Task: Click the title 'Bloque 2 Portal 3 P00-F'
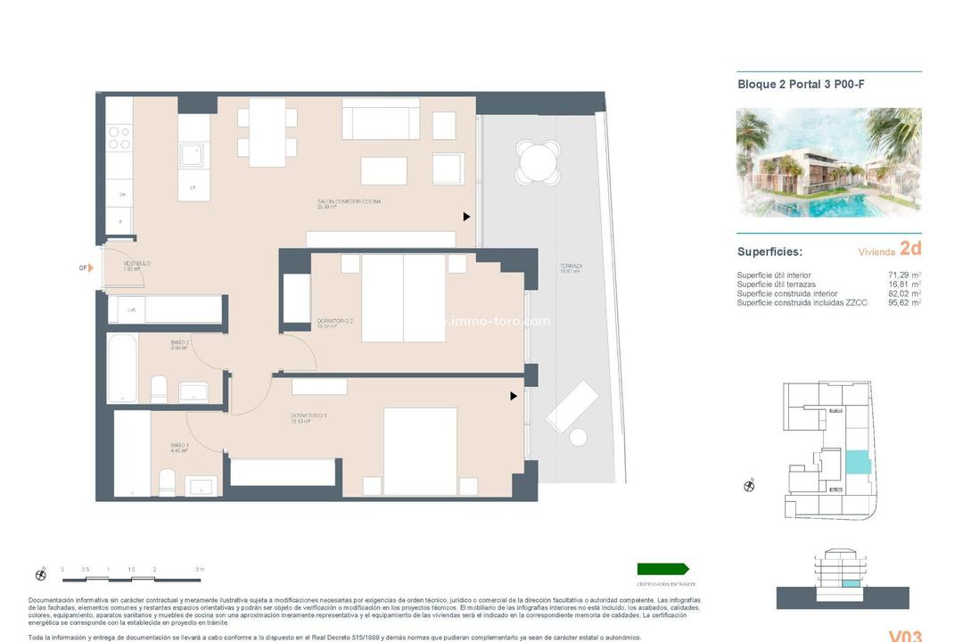(801, 85)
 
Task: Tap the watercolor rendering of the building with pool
(828, 162)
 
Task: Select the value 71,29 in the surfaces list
(899, 276)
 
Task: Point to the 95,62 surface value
(899, 303)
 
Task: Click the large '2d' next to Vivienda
(909, 249)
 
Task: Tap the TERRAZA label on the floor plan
(571, 267)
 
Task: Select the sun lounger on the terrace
(573, 405)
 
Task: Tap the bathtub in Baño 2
(122, 367)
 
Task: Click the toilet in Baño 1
(167, 482)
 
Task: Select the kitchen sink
(192, 155)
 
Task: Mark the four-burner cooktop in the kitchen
(119, 139)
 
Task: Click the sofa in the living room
(381, 119)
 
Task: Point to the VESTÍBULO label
(136, 264)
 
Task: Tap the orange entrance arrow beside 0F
(90, 267)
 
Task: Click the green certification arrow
(663, 569)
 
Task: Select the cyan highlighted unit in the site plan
(855, 462)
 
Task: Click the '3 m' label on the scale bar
(200, 569)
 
